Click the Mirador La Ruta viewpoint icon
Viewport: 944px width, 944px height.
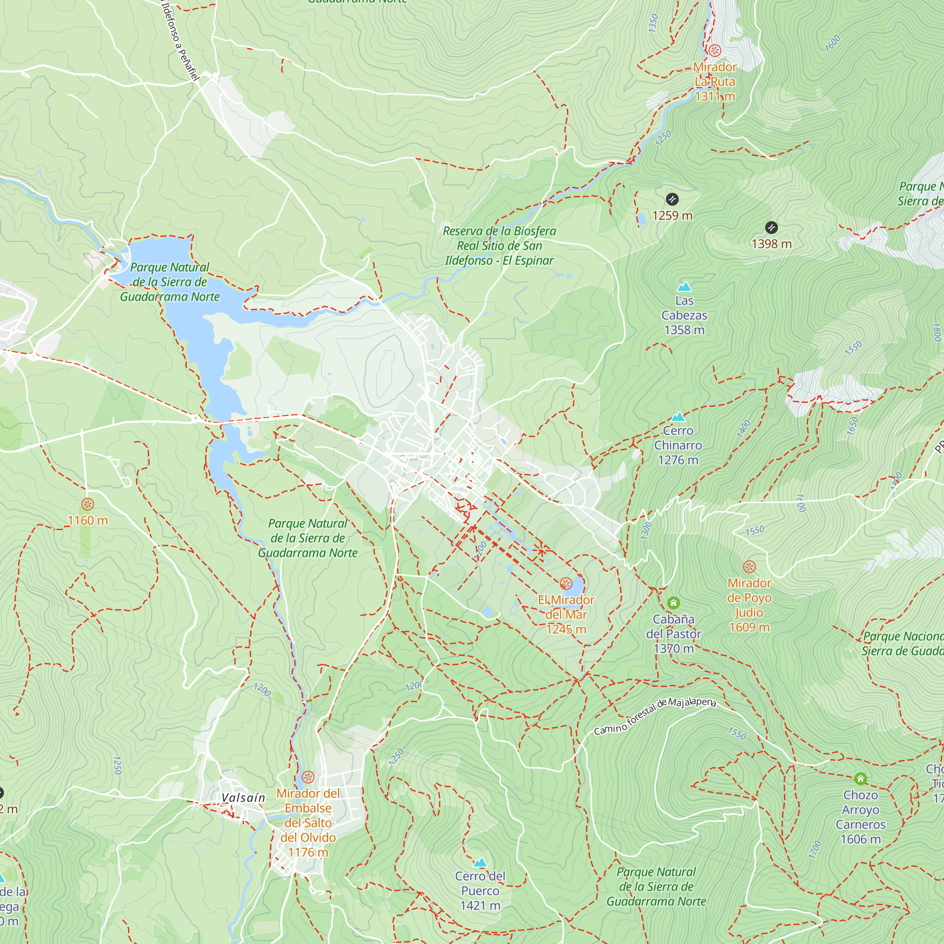(x=715, y=51)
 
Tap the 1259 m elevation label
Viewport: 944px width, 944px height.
(x=672, y=216)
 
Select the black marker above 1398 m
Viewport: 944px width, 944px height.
(x=771, y=227)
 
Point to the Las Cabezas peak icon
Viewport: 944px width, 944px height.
(x=684, y=287)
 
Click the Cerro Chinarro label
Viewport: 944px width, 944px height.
(x=678, y=438)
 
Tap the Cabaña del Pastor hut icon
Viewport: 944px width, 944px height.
(x=674, y=602)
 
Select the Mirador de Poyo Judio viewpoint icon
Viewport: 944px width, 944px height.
(x=749, y=567)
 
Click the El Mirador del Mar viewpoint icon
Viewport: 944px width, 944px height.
(x=566, y=583)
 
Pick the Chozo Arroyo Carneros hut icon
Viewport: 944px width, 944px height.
(x=860, y=778)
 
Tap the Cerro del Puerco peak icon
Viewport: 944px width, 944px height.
(x=480, y=862)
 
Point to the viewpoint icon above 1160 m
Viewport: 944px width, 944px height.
(x=87, y=504)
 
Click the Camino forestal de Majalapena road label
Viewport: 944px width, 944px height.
(x=655, y=716)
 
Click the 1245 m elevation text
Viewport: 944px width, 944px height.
(x=566, y=629)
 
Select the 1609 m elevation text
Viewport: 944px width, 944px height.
(x=749, y=627)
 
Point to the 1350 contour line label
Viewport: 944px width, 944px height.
(x=653, y=24)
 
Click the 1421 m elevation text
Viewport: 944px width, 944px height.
(x=480, y=905)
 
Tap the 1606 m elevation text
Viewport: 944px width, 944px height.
(x=860, y=839)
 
